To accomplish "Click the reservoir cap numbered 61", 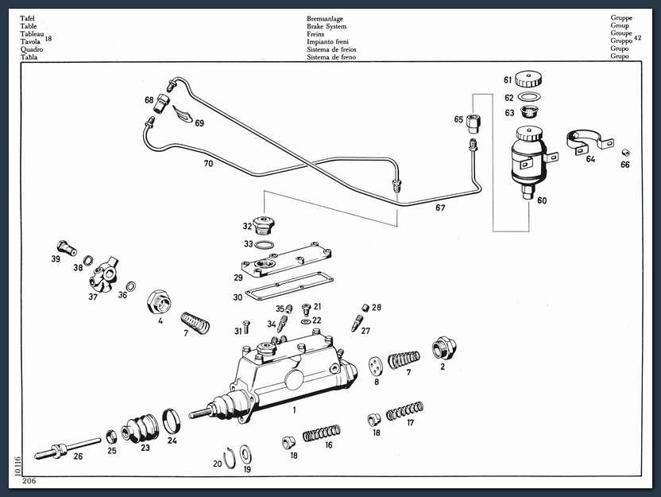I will [528, 80].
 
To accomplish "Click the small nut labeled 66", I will [625, 153].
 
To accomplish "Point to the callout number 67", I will [440, 208].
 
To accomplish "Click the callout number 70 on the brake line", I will [208, 164].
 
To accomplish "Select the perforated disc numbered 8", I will [374, 367].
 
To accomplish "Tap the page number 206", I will [29, 480].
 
